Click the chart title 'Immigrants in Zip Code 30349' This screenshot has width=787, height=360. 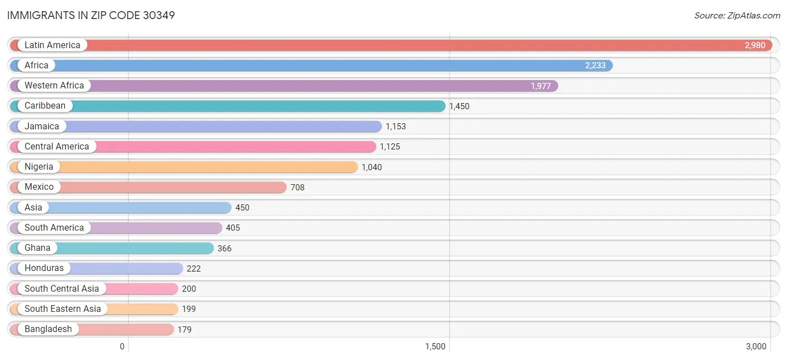pos(91,15)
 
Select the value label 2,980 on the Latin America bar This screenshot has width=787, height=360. pos(755,45)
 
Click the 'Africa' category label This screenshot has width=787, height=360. pos(36,66)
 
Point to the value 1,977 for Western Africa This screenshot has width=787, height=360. pos(541,86)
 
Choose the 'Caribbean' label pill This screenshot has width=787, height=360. pos(45,106)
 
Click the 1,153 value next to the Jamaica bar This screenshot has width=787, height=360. pos(396,127)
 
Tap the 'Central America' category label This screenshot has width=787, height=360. pos(57,147)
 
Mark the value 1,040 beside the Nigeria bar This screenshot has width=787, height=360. pos(372,167)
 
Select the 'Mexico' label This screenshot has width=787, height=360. pos(39,187)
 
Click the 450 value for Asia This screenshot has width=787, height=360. pos(242,208)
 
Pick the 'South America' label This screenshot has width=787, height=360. pos(54,228)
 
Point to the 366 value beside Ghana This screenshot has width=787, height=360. pos(224,248)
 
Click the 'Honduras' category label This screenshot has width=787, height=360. pos(44,268)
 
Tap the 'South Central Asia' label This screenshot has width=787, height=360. pos(62,289)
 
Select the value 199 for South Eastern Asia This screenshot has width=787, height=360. pos(189,309)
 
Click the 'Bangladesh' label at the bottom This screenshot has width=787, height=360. pos(48,329)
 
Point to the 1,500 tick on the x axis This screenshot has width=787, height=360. pos(435,347)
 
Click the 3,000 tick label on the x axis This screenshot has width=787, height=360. pos(756,347)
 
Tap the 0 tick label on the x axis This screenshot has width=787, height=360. pos(122,347)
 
